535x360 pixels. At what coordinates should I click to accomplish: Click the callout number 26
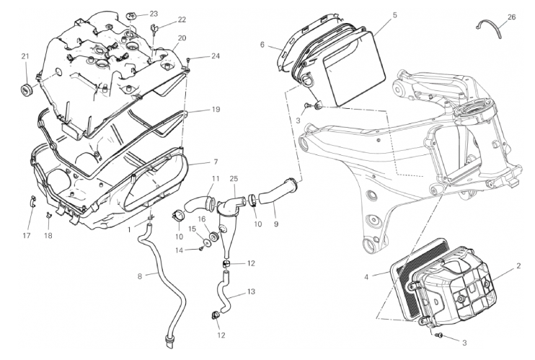click(512, 17)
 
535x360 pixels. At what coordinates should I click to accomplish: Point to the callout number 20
click(182, 38)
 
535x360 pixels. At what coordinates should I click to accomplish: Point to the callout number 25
click(234, 177)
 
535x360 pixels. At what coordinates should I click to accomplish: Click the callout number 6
click(263, 45)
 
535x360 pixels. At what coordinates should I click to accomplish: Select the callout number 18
click(49, 235)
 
